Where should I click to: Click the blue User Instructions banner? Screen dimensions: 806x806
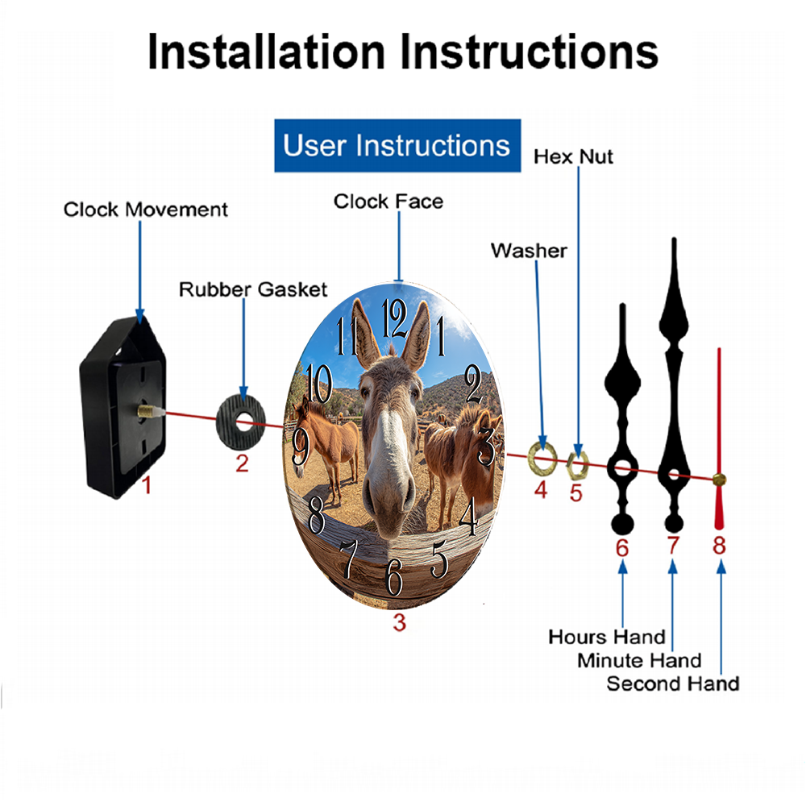pyautogui.click(x=397, y=145)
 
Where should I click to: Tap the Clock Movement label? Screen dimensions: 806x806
pyautogui.click(x=145, y=210)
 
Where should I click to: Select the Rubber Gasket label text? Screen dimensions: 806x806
pyautogui.click(x=253, y=289)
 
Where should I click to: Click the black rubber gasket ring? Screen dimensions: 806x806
pyautogui.click(x=240, y=422)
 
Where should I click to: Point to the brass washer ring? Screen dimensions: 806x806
pyautogui.click(x=542, y=457)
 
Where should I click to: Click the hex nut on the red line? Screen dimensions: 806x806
pyautogui.click(x=577, y=464)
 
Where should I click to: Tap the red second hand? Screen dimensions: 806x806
pyautogui.click(x=719, y=438)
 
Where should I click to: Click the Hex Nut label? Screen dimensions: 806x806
pyautogui.click(x=573, y=157)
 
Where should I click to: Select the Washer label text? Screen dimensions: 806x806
pyautogui.click(x=529, y=251)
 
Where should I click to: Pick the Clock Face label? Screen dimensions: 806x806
pyautogui.click(x=388, y=201)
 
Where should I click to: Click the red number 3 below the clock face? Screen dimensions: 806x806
pyautogui.click(x=400, y=622)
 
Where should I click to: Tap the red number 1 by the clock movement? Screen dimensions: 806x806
pyautogui.click(x=147, y=484)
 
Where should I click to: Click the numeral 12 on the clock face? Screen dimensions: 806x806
pyautogui.click(x=395, y=318)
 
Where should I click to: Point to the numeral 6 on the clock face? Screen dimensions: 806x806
pyautogui.click(x=394, y=577)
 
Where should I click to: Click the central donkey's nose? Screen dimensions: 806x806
pyautogui.click(x=389, y=493)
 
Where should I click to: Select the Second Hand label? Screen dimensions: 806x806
pyautogui.click(x=672, y=683)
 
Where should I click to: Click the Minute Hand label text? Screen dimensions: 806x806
pyautogui.click(x=639, y=661)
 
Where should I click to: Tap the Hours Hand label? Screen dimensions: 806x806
pyautogui.click(x=607, y=637)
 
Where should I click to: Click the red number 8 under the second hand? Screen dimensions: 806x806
pyautogui.click(x=719, y=546)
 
